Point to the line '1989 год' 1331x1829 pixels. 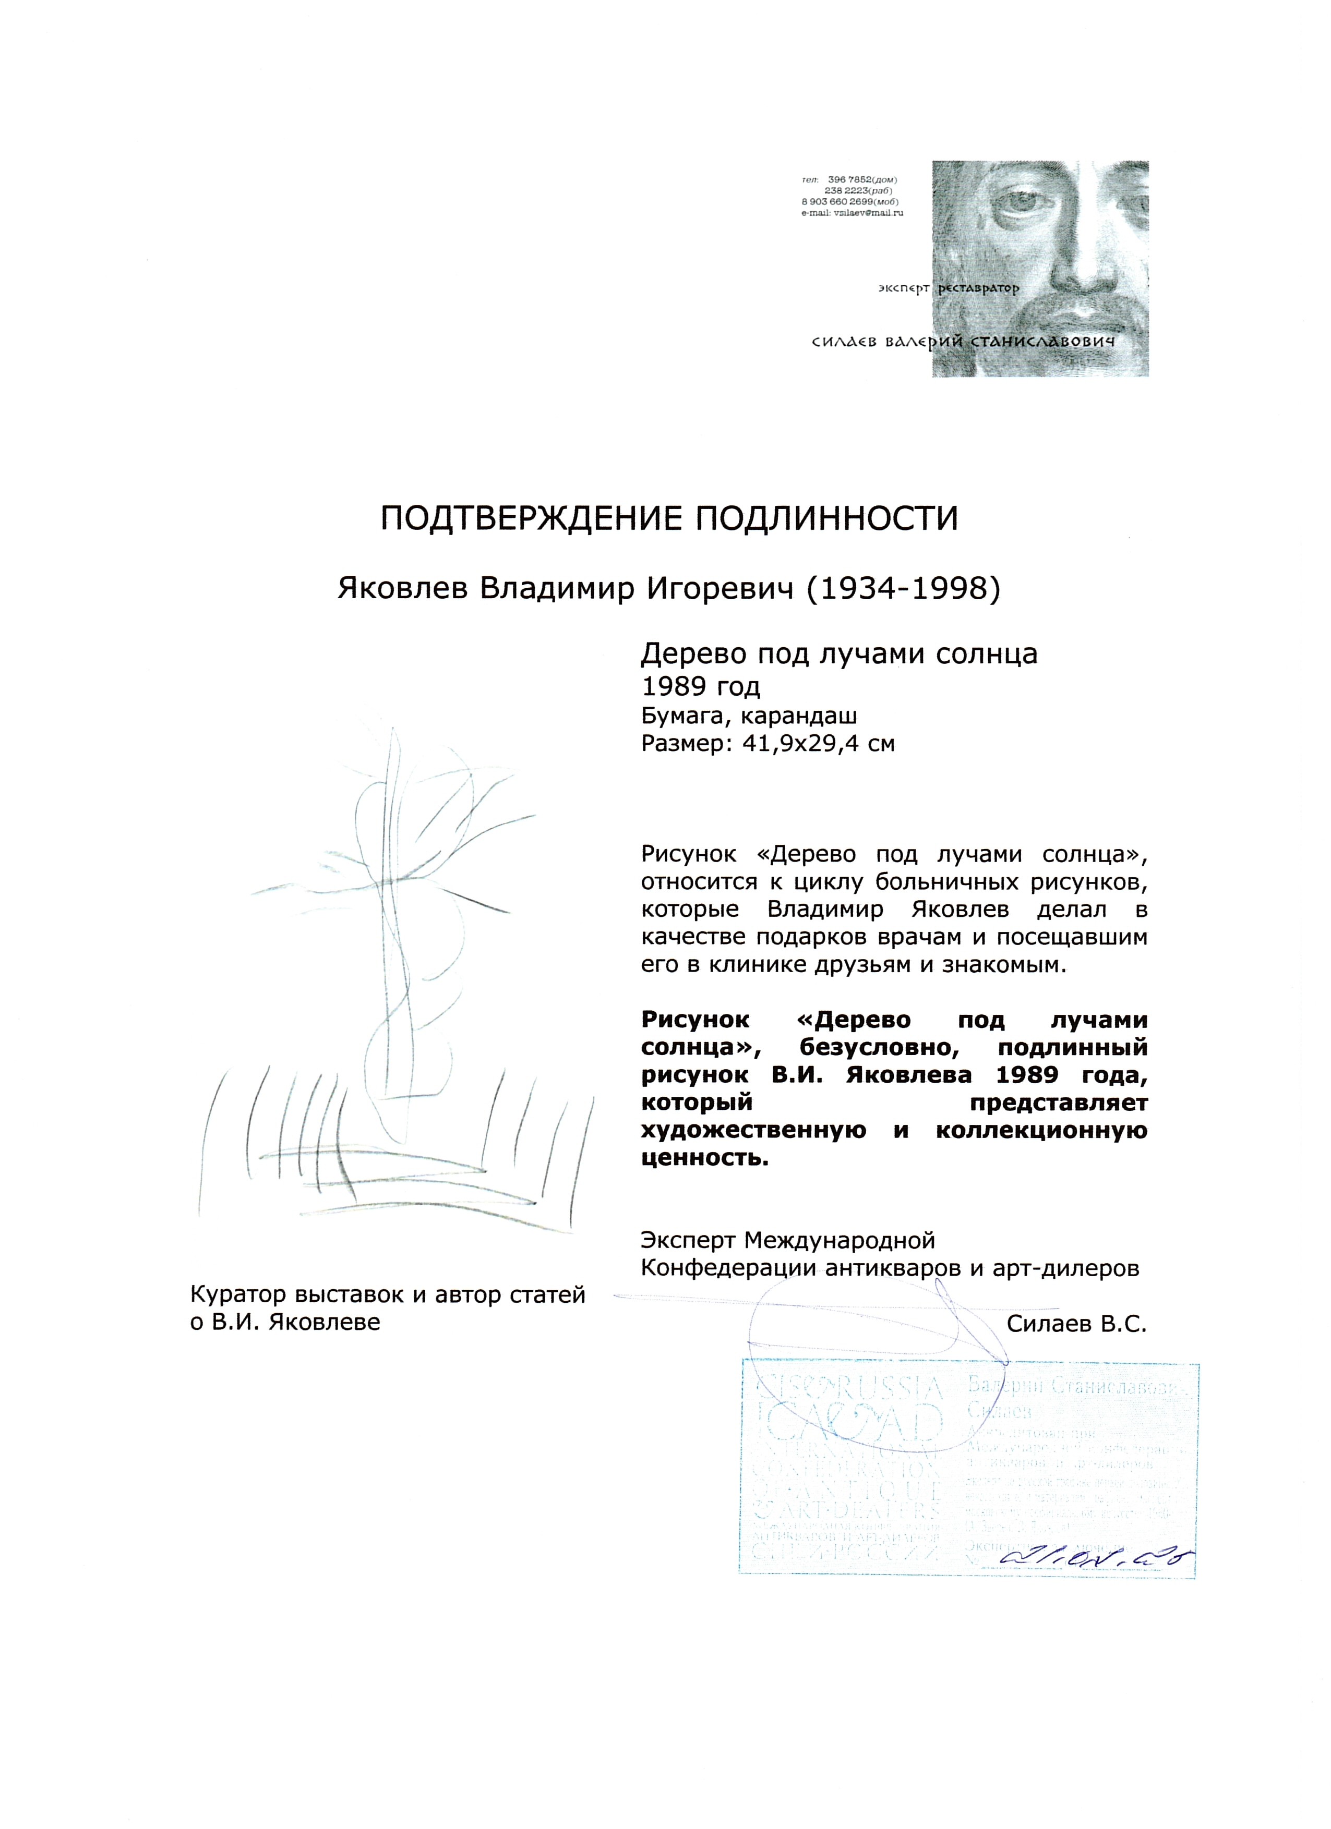pyautogui.click(x=700, y=686)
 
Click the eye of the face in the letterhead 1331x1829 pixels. pyautogui.click(x=1025, y=202)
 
